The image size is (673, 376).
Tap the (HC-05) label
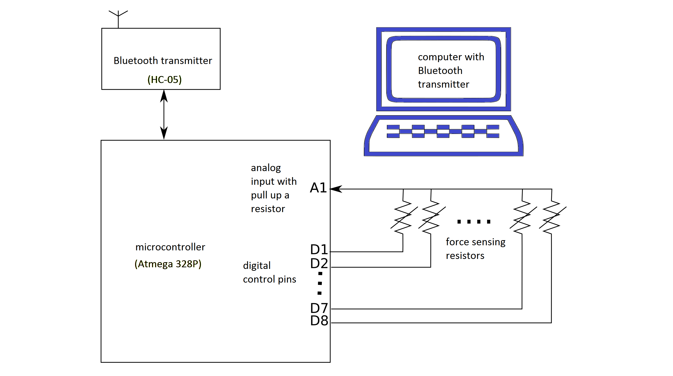tap(164, 79)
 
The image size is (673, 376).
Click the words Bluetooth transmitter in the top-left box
tap(162, 61)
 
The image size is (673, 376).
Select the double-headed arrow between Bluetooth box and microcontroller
tap(164, 115)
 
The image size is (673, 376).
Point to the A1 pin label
tap(318, 188)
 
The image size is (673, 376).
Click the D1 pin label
tap(319, 249)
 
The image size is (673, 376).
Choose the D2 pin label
tap(319, 263)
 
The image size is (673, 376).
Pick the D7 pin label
tap(319, 308)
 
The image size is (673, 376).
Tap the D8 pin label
tap(319, 321)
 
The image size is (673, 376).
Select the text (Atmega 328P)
tap(168, 264)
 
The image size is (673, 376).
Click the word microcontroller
tap(170, 247)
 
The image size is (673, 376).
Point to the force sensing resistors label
tap(475, 249)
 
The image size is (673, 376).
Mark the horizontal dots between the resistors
tap(474, 222)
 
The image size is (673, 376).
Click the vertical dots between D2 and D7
tap(320, 283)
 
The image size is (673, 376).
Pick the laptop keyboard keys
tap(443, 131)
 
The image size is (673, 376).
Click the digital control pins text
tap(269, 272)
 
